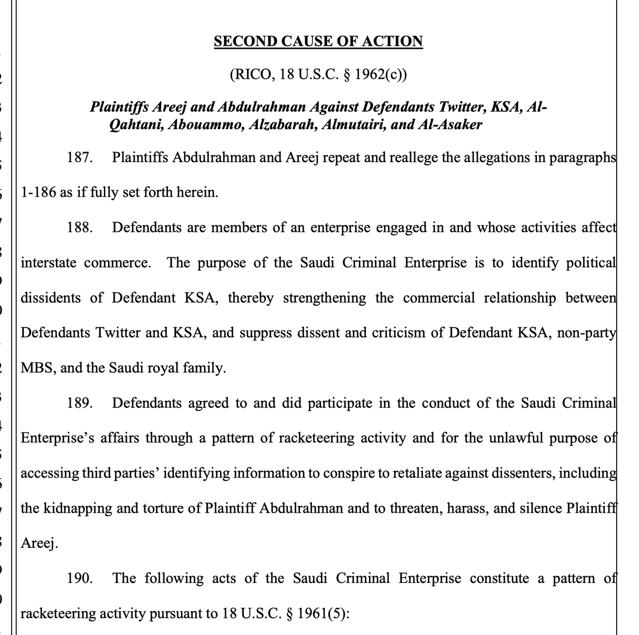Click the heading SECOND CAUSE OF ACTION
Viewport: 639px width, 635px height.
click(318, 41)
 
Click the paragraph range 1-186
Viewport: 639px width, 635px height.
click(38, 193)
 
